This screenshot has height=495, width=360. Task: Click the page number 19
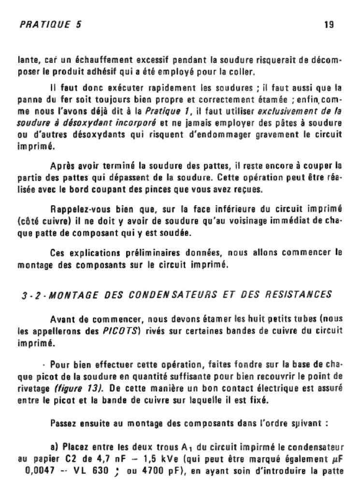(330, 25)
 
